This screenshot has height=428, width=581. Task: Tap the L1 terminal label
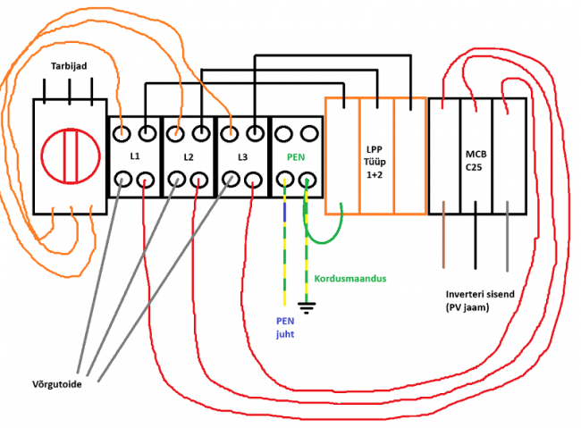(x=134, y=156)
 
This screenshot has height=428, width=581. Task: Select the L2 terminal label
(x=189, y=156)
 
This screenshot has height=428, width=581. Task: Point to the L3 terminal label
(x=243, y=156)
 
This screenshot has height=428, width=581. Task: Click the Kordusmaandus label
(x=349, y=279)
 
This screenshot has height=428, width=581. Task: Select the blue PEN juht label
(x=284, y=327)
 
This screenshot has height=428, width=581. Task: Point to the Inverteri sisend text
(x=483, y=300)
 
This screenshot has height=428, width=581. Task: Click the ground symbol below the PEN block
(x=307, y=308)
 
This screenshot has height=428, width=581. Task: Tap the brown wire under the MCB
(x=444, y=241)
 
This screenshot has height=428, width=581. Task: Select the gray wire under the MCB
(x=507, y=241)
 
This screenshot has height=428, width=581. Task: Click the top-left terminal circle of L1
(x=123, y=134)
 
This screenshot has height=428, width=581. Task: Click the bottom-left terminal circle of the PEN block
(x=285, y=182)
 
